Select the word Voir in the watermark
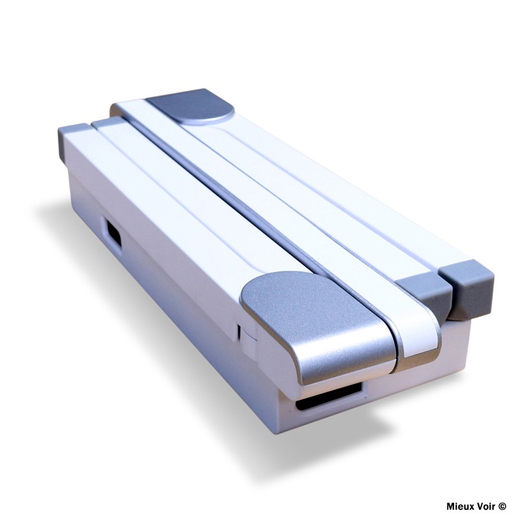coord(486,506)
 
